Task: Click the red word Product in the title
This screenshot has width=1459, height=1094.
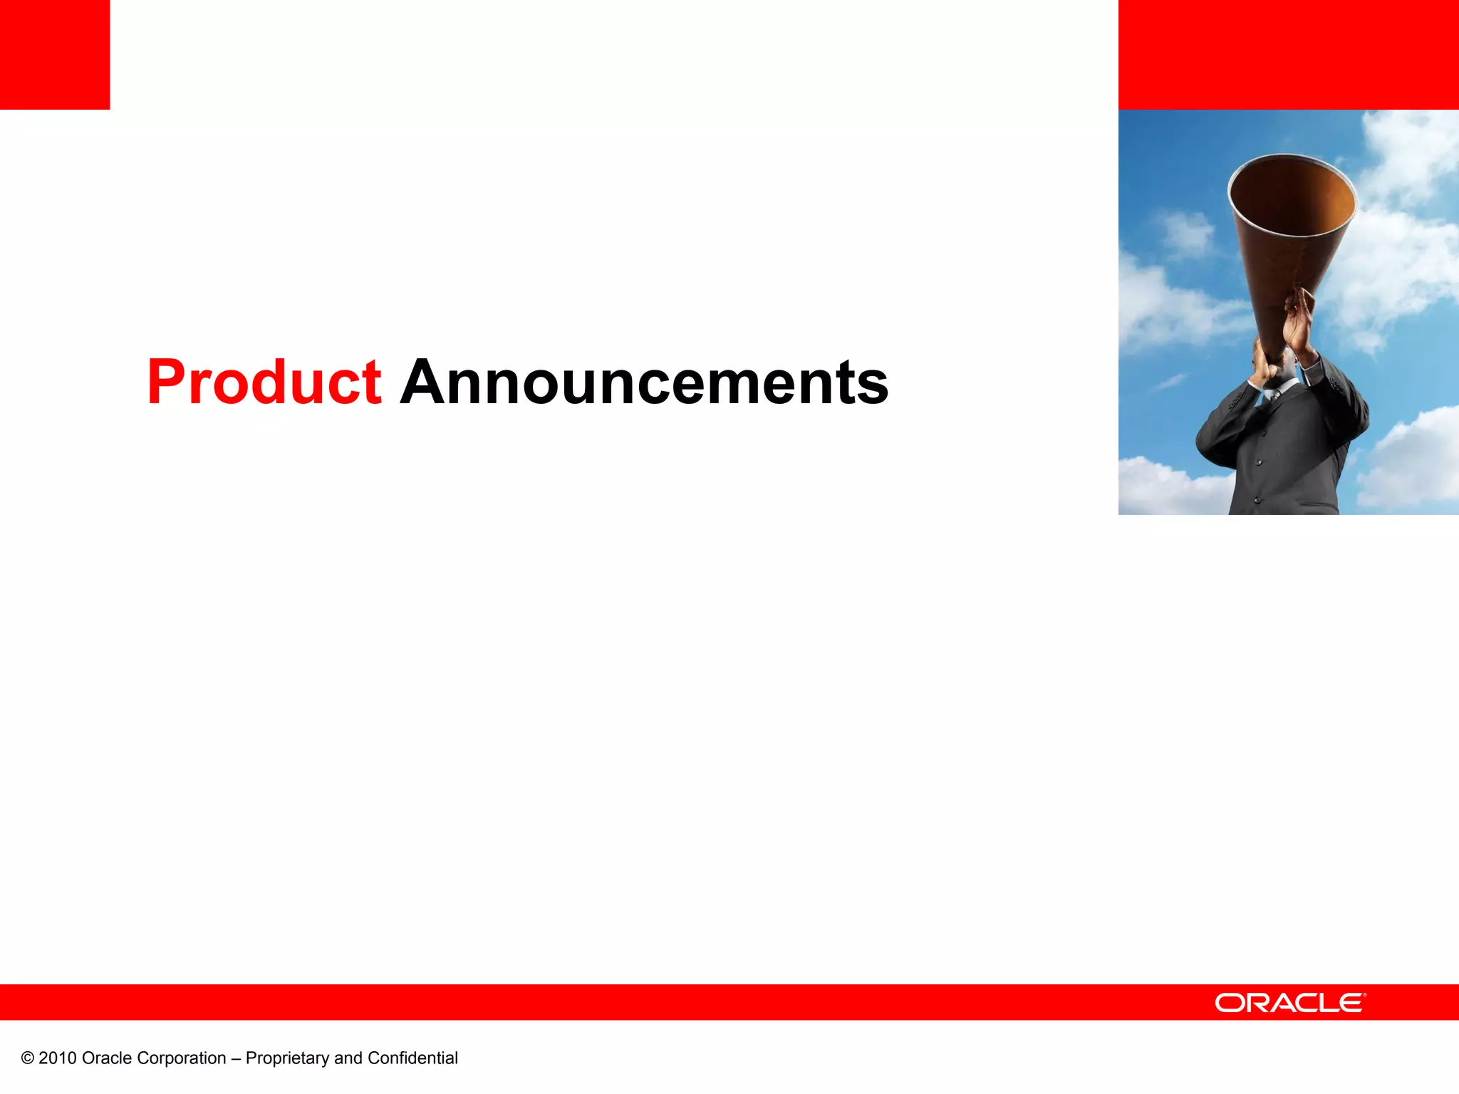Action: pyautogui.click(x=264, y=382)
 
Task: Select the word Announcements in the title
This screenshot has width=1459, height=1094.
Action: pyautogui.click(x=644, y=382)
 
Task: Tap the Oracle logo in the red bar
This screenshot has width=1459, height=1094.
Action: pyautogui.click(x=1290, y=1003)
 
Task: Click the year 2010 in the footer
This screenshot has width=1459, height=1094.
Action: pyautogui.click(x=57, y=1058)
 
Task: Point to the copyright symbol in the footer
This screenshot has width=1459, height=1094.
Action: pyautogui.click(x=28, y=1058)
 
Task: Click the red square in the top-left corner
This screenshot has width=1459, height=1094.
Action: pyautogui.click(x=55, y=55)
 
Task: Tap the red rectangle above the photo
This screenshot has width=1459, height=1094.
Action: pyautogui.click(x=1288, y=55)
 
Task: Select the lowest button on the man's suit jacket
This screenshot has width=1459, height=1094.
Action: pyautogui.click(x=1257, y=500)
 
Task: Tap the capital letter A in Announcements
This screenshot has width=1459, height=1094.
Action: pyautogui.click(x=425, y=382)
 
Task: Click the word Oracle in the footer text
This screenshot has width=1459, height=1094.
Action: pyautogui.click(x=107, y=1058)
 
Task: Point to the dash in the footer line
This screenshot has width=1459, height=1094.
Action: pyautogui.click(x=236, y=1058)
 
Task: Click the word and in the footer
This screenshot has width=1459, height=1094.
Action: pyautogui.click(x=348, y=1058)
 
